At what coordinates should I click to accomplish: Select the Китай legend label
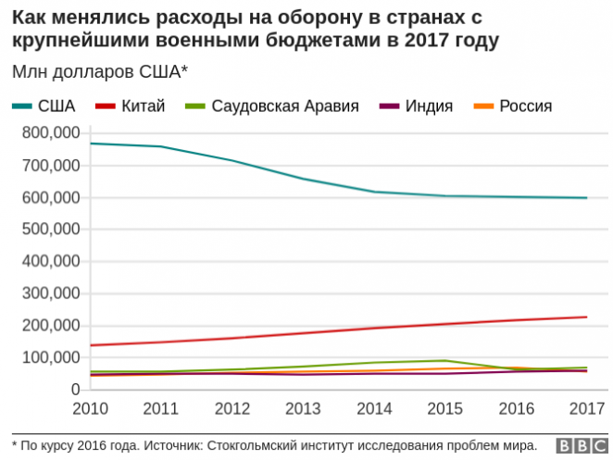(x=143, y=106)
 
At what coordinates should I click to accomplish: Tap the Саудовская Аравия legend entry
(x=284, y=106)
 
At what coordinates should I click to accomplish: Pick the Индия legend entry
(x=427, y=106)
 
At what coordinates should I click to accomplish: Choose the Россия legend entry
(x=525, y=106)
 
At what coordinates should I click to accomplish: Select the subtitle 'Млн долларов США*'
(x=99, y=71)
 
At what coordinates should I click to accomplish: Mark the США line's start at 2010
(x=90, y=143)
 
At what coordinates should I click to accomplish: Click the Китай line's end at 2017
(x=586, y=317)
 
